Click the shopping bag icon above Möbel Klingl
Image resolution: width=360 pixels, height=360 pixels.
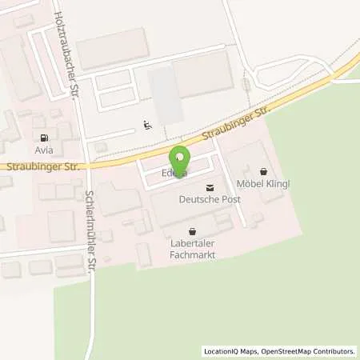(264, 171)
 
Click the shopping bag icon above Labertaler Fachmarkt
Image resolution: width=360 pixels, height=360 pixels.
(192, 232)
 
